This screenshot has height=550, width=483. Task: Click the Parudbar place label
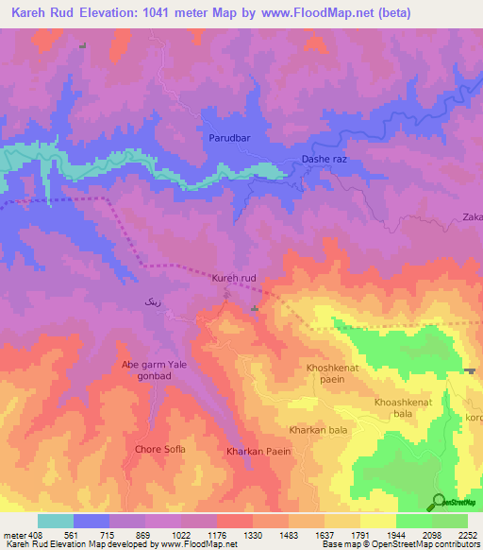coord(227,138)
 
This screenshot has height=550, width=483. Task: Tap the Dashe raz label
coord(325,160)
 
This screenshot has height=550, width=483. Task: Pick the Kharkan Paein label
coord(258,451)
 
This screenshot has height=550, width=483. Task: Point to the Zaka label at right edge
coord(472,217)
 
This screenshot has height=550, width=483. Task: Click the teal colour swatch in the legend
coord(56,520)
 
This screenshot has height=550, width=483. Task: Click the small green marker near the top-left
coord(82,45)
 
